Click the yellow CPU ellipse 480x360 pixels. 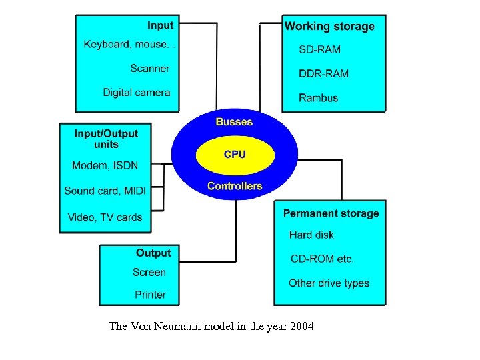tap(235, 155)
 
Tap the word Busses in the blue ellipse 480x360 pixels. tap(234, 122)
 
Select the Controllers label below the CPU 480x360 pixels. tap(235, 186)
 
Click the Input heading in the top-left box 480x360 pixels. tap(160, 26)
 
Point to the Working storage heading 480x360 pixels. tap(329, 27)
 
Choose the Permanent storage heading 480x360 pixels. tap(331, 213)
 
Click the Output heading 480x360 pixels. tap(153, 253)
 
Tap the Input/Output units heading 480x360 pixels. tap(106, 139)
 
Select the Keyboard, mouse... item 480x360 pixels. tap(130, 45)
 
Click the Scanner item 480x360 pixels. tap(150, 68)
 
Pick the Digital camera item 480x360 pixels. tap(137, 93)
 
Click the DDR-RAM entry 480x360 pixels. tap(324, 74)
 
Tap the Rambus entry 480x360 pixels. tap(319, 98)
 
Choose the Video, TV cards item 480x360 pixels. tap(105, 217)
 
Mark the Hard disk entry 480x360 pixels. tap(311, 235)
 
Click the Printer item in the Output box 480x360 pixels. tap(150, 295)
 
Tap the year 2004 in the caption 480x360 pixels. tap(300, 327)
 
